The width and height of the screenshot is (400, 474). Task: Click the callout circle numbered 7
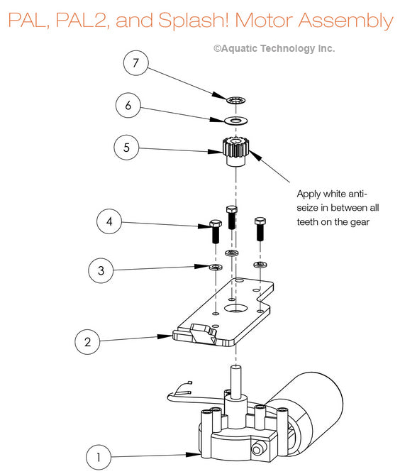pyautogui.click(x=136, y=63)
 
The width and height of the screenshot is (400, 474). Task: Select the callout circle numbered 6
pyautogui.click(x=128, y=105)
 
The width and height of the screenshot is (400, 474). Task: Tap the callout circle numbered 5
pyautogui.click(x=126, y=148)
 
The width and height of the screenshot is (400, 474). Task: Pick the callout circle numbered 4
pyautogui.click(x=109, y=221)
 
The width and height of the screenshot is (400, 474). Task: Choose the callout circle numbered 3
pyautogui.click(x=101, y=270)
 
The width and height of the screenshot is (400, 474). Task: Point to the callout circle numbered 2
pyautogui.click(x=87, y=342)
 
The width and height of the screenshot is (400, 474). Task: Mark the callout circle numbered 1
pyautogui.click(x=99, y=457)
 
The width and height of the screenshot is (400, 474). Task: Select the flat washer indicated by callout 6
pyautogui.click(x=236, y=121)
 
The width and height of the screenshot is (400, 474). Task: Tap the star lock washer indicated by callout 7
pyautogui.click(x=236, y=100)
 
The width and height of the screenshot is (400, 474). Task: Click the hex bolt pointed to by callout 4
pyautogui.click(x=216, y=231)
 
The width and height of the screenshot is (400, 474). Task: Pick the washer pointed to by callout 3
pyautogui.click(x=216, y=267)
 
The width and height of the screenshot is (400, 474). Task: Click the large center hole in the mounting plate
pyautogui.click(x=236, y=309)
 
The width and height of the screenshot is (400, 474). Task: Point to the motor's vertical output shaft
pyautogui.click(x=236, y=382)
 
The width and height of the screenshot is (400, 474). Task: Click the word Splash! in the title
pyautogui.click(x=194, y=21)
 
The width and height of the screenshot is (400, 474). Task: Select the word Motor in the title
pyautogui.click(x=264, y=20)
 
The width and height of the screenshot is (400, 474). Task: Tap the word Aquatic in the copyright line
pyautogui.click(x=239, y=48)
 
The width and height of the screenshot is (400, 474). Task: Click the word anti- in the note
pyautogui.click(x=357, y=194)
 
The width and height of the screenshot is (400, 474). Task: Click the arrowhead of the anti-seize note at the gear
pyautogui.click(x=255, y=155)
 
